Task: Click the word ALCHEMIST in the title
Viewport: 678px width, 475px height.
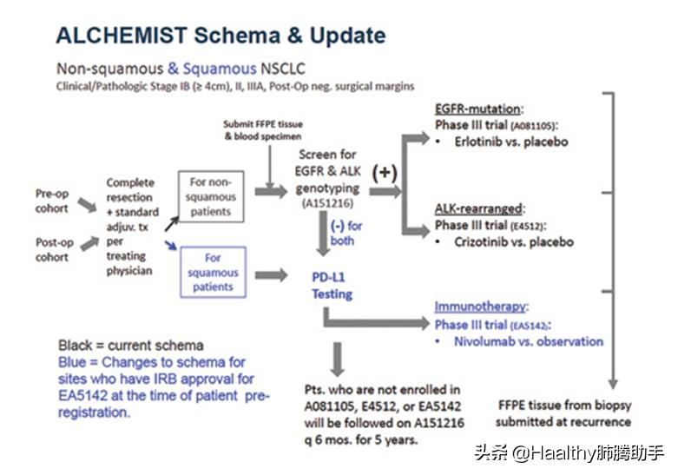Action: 122,36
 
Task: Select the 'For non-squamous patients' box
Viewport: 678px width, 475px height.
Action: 211,197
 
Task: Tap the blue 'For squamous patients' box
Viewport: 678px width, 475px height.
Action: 214,272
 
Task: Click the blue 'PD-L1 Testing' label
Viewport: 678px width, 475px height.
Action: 332,286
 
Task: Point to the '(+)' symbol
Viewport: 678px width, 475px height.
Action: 385,173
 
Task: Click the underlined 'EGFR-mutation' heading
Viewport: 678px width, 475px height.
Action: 477,109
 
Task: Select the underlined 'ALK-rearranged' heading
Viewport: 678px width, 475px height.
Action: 478,208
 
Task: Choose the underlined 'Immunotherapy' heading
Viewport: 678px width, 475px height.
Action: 480,307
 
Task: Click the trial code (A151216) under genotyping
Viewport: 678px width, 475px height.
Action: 327,203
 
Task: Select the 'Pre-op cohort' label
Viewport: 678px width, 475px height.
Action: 52,201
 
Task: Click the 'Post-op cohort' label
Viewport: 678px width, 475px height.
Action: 55,249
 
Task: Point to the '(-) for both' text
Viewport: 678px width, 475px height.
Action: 346,234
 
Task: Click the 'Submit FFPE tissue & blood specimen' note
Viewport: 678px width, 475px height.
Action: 263,130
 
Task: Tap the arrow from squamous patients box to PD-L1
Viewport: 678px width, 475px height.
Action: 271,275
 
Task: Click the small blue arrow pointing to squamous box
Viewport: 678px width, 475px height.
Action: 171,245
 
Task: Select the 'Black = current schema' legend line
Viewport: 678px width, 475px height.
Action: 131,346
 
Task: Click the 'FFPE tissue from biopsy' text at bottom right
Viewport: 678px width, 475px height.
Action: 565,406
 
